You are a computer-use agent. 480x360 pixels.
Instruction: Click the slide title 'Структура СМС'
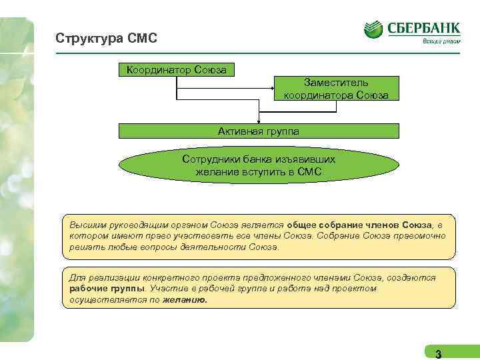coord(107,39)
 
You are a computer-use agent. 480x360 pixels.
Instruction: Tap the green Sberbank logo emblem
coord(373,29)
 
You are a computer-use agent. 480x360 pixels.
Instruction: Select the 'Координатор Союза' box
coord(176,70)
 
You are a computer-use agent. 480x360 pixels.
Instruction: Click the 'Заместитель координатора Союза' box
coord(336,89)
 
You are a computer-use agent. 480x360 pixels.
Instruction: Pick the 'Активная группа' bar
coord(259,131)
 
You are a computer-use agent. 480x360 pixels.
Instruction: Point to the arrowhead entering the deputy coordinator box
coord(271,89)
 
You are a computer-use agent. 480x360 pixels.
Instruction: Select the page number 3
coord(438,353)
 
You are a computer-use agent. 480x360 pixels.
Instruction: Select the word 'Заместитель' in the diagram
coord(336,83)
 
